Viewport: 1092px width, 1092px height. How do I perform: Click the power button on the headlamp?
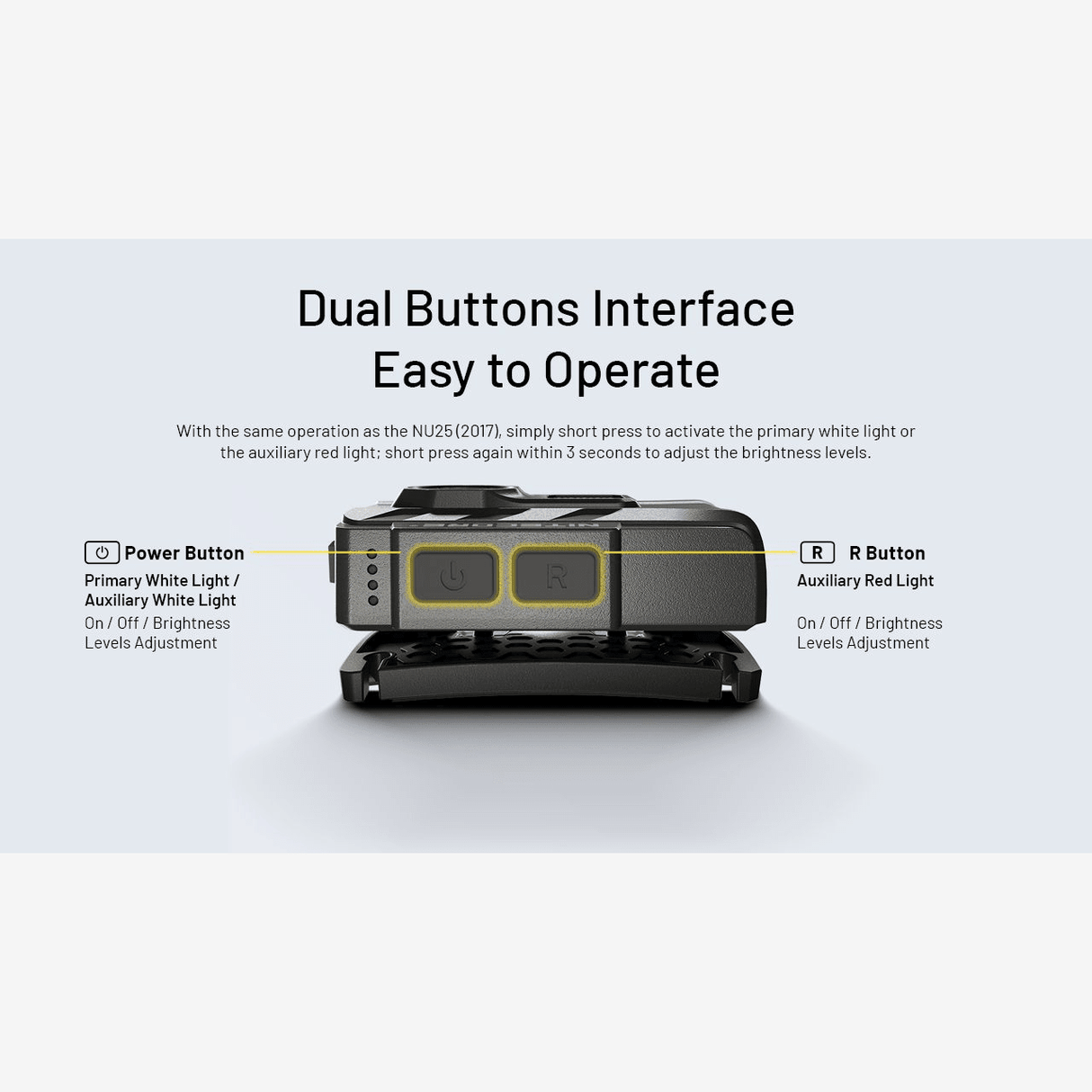point(454,575)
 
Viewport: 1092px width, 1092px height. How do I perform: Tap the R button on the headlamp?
point(557,575)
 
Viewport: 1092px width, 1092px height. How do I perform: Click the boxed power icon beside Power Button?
point(102,552)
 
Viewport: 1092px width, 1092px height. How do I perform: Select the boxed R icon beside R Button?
point(817,552)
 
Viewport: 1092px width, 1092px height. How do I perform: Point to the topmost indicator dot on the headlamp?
point(372,553)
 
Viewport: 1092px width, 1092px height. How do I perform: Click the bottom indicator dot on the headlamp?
point(373,600)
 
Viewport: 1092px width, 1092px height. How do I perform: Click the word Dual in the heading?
point(345,309)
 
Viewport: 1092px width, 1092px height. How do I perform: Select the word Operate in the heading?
point(631,370)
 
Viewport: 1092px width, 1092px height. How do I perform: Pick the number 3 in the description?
point(570,452)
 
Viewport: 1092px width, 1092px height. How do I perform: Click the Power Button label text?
point(184,553)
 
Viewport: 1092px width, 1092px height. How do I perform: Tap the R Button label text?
point(887,553)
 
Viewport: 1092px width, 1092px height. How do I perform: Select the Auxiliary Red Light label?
point(865,581)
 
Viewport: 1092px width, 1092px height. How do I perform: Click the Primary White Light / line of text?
point(162,581)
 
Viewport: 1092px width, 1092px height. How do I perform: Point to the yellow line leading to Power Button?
point(327,551)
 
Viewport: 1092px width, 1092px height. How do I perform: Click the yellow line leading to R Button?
point(701,551)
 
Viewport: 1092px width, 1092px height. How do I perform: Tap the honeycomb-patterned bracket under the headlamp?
point(550,668)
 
